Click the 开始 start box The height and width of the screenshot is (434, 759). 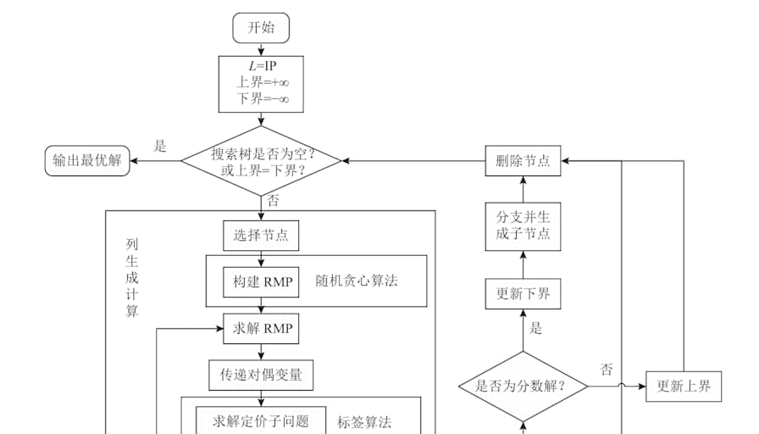point(261,28)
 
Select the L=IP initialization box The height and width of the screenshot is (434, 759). point(261,84)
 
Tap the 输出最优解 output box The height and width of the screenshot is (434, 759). point(87,161)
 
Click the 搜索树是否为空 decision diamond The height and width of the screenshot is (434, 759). point(261,161)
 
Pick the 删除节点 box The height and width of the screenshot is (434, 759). point(523,161)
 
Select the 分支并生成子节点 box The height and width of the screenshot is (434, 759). point(523,226)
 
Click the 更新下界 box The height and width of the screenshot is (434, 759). point(523,293)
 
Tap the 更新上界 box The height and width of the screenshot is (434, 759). point(684,387)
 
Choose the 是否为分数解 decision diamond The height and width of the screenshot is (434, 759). point(523,387)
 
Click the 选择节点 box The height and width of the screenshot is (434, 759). point(261,236)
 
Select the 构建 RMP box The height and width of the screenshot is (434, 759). point(261,282)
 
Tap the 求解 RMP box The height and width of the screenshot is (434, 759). point(261,328)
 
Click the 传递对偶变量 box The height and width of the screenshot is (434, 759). point(261,375)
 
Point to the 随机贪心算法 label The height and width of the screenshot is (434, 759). point(357,281)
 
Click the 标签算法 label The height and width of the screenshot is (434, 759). point(364,422)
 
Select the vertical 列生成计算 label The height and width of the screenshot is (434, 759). point(131,277)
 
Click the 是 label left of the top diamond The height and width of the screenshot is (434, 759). point(160,146)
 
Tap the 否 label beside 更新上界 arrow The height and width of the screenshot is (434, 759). point(607,370)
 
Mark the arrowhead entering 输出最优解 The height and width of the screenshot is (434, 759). point(134,161)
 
